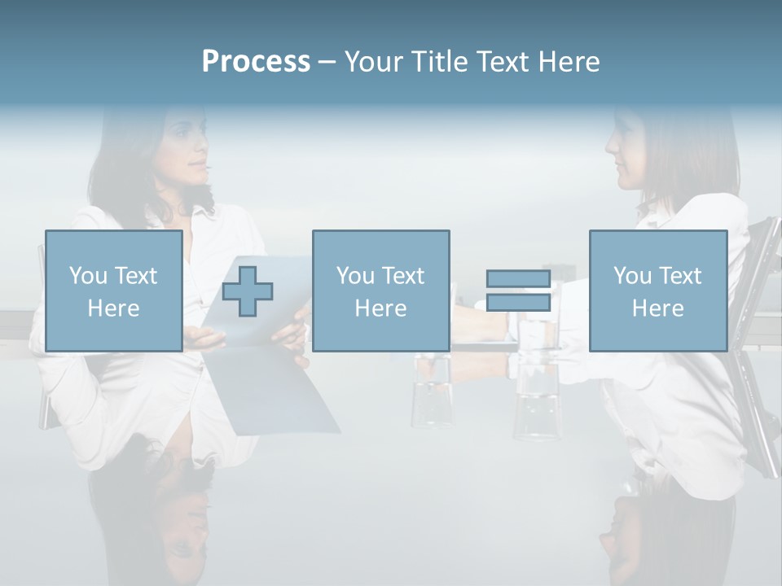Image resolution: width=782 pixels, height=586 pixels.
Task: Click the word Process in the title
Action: (x=256, y=61)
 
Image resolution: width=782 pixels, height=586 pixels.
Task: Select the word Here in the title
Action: (x=567, y=61)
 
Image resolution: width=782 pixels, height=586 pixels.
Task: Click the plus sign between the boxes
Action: (x=248, y=291)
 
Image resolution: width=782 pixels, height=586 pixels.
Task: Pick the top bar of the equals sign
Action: (x=518, y=279)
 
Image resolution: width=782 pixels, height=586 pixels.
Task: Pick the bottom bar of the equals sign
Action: (x=518, y=302)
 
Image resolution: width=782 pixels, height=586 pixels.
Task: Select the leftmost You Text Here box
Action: (x=113, y=291)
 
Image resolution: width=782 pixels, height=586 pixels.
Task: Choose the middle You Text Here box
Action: (x=380, y=291)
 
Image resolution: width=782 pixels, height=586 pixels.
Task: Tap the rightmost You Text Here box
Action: (x=657, y=291)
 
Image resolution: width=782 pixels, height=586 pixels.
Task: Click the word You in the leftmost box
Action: (x=88, y=275)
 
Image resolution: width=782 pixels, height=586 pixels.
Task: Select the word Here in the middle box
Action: (x=380, y=308)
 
